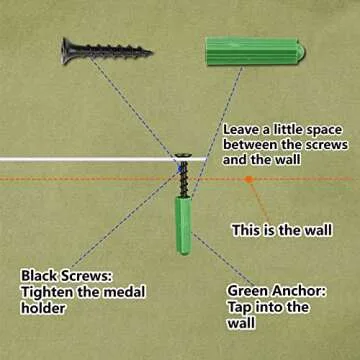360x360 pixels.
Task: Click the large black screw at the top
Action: tap(106, 51)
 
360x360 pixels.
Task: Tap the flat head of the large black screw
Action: tap(66, 51)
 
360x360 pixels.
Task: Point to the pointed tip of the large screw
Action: tap(151, 52)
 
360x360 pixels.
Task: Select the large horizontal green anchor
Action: tap(255, 51)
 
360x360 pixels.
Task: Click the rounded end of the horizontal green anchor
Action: tap(301, 51)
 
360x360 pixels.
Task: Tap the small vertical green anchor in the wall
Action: tap(184, 225)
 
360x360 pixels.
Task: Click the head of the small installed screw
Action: tap(183, 155)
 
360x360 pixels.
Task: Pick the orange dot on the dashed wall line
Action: tap(249, 179)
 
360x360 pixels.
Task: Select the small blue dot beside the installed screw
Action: tap(180, 169)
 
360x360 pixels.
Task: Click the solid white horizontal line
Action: tap(103, 159)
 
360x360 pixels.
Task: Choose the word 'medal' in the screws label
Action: tap(124, 292)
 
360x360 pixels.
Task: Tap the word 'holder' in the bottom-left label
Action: tap(43, 308)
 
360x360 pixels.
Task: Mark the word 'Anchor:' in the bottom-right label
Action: tap(298, 291)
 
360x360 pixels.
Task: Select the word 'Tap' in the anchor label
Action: tap(240, 308)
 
